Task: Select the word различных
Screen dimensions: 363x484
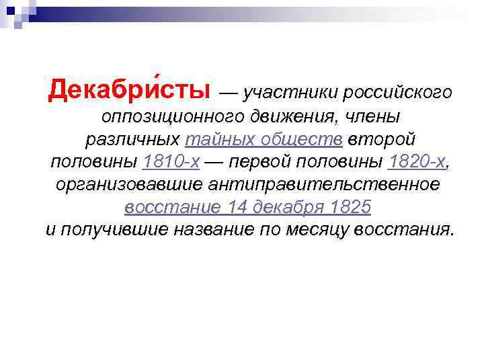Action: pos(132,139)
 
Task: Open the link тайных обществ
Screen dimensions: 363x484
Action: pos(264,139)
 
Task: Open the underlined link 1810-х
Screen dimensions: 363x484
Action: pos(171,161)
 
